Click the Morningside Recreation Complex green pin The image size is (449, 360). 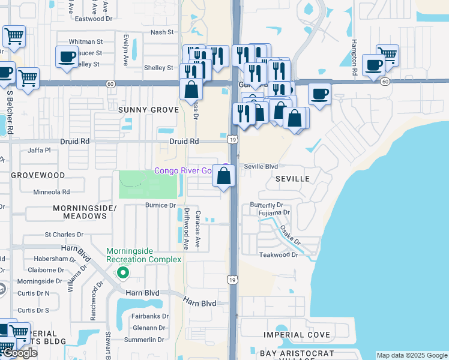[x=123, y=273]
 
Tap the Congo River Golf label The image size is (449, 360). [x=182, y=171]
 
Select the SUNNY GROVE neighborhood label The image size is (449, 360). [x=148, y=110]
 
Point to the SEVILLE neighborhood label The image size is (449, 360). [x=292, y=179]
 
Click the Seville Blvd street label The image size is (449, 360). [x=261, y=167]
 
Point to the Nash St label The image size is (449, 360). [x=161, y=32]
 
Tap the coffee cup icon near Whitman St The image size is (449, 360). [x=67, y=57]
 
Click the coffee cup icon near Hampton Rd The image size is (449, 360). [x=373, y=65]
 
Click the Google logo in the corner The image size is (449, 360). [x=19, y=353]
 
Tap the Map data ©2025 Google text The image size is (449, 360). [x=412, y=355]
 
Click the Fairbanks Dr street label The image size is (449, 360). [x=149, y=316]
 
